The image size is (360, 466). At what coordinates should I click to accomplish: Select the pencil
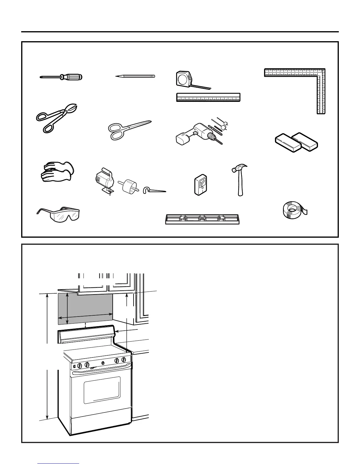coord(135,76)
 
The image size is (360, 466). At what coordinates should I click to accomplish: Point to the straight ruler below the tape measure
coord(208,97)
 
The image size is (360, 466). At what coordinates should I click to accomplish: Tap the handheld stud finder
coord(201,185)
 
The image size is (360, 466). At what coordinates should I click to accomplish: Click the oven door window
coord(102,390)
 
